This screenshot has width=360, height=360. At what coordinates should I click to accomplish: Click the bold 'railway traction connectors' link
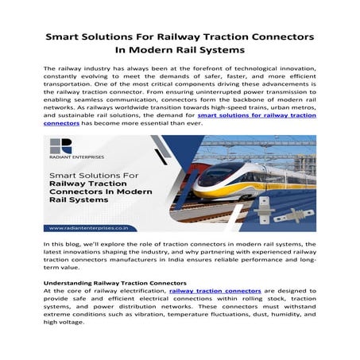(x=215, y=292)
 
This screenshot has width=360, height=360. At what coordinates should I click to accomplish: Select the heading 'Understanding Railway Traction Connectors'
(x=114, y=284)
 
